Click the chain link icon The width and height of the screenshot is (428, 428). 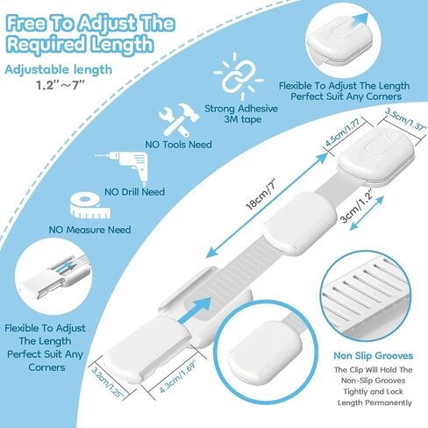(x=239, y=76)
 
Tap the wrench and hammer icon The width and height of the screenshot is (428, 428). (x=179, y=120)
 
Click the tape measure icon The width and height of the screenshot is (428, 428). (x=90, y=205)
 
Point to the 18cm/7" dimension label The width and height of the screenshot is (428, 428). (x=261, y=195)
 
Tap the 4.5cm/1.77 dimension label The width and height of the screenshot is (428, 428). (x=343, y=132)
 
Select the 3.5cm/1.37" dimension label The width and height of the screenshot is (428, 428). (x=406, y=119)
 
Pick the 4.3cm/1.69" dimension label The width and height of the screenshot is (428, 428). (x=178, y=376)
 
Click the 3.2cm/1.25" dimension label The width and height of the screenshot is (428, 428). (x=107, y=382)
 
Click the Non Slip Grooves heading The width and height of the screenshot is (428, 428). (x=374, y=355)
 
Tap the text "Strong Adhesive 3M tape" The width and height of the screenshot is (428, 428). (x=241, y=114)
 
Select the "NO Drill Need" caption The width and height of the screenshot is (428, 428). (x=135, y=192)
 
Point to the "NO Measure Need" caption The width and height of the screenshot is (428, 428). (x=90, y=230)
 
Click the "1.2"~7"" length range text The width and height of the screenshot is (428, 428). (x=61, y=85)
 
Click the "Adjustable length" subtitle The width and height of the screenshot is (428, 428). (x=59, y=70)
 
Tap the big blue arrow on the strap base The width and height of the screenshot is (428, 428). (x=195, y=310)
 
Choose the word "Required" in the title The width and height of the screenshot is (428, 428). (x=46, y=46)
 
